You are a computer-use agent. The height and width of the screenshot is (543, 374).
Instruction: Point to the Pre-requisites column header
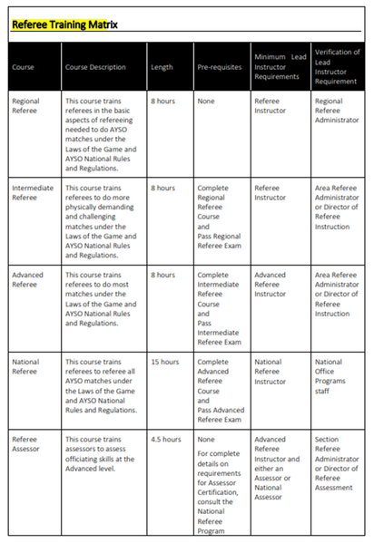tap(216, 67)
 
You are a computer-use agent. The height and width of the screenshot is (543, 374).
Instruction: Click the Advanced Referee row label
tap(27, 281)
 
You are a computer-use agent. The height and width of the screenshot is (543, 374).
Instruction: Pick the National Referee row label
tap(25, 368)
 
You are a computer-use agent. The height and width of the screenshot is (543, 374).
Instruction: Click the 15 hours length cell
tap(164, 363)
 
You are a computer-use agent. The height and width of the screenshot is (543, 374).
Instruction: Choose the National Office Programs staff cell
tap(330, 373)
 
